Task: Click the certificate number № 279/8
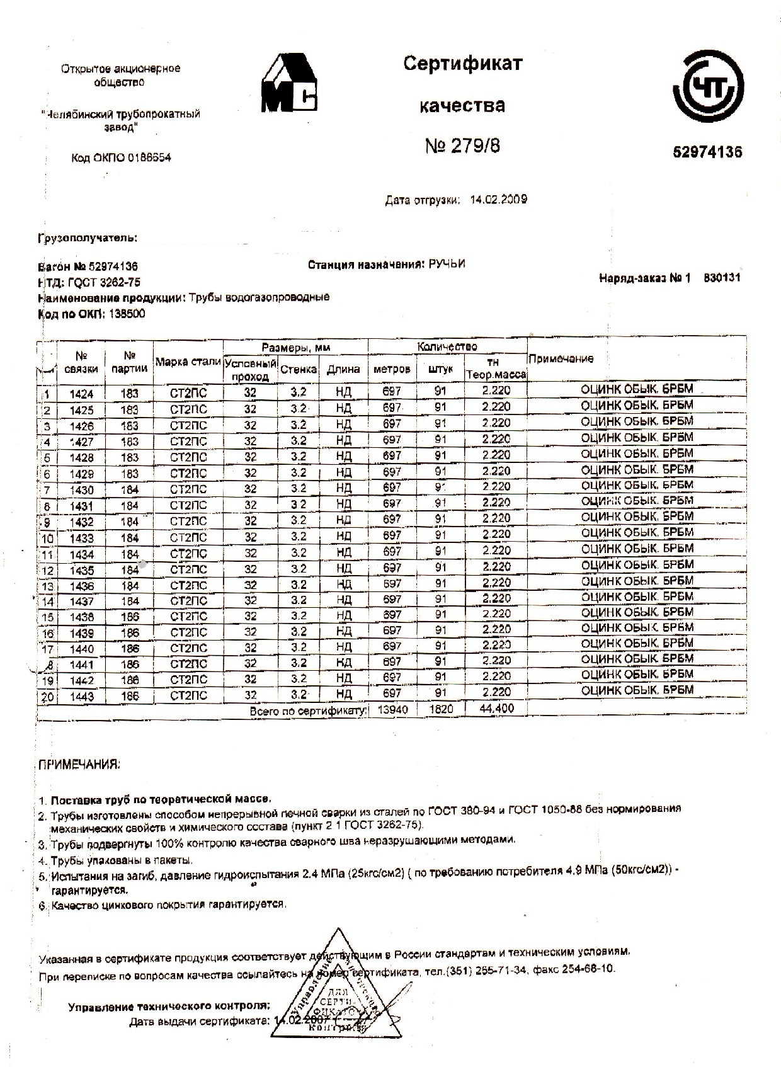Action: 462,147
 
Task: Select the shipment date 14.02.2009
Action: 498,200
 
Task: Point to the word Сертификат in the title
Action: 462,64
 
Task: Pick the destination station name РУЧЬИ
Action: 447,264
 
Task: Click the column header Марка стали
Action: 188,362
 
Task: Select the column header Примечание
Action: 561,359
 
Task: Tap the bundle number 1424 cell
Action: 81,394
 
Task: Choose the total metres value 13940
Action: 392,710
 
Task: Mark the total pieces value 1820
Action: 441,710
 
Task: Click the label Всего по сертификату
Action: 308,710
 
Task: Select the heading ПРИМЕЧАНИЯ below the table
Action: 79,765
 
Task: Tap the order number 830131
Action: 722,278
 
